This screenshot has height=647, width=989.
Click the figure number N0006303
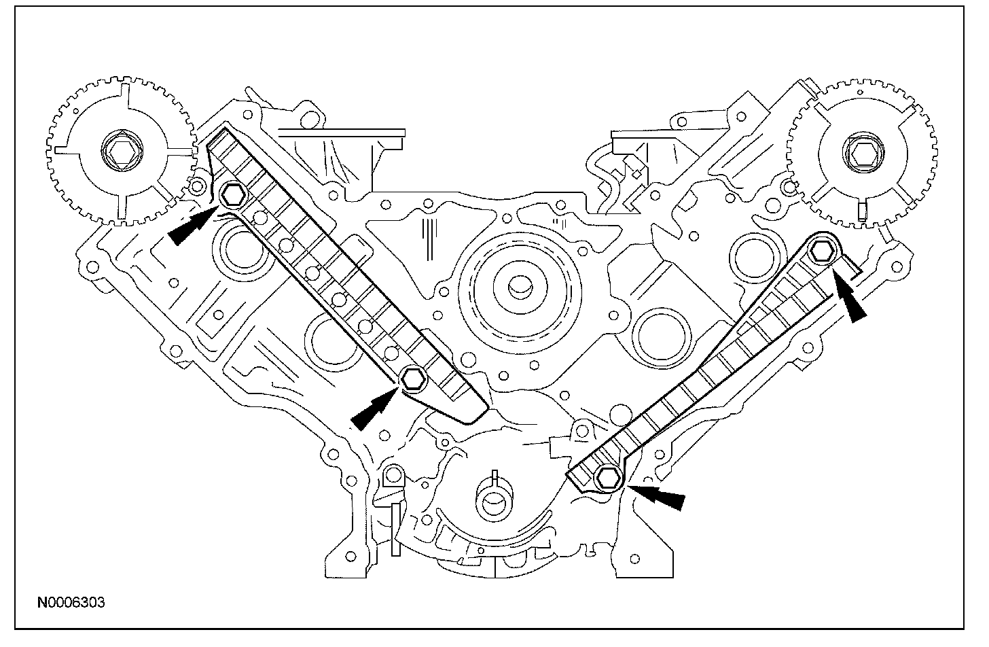pos(71,602)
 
